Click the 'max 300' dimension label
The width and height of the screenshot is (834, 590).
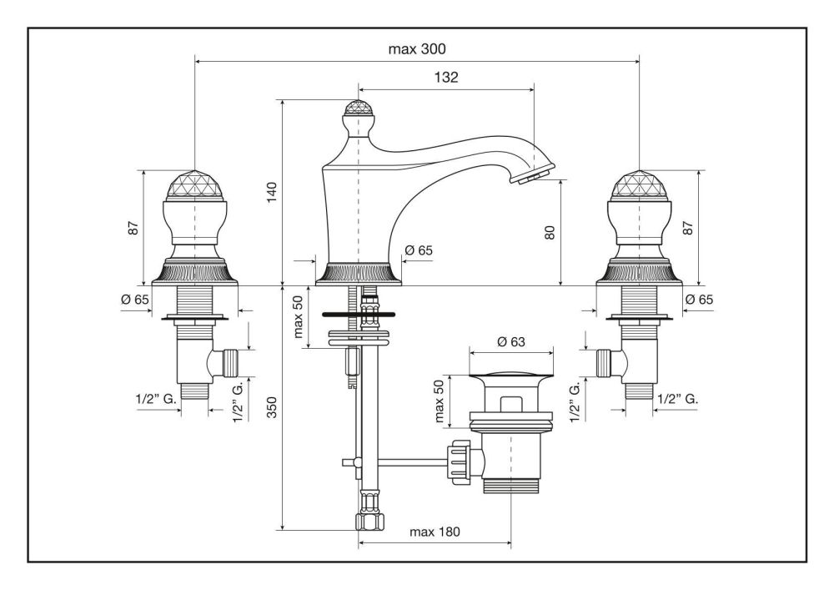[x=417, y=48]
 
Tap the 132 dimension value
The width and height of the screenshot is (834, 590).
[x=446, y=77]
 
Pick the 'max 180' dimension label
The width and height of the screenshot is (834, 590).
[x=435, y=532]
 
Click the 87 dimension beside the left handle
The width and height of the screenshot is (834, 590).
[x=133, y=228]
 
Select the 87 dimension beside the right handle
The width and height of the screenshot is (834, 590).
[x=688, y=227]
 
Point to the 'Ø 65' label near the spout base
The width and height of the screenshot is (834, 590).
[x=419, y=250]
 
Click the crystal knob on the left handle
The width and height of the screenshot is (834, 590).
[x=194, y=186]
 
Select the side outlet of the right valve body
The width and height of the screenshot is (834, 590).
[x=606, y=361]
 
